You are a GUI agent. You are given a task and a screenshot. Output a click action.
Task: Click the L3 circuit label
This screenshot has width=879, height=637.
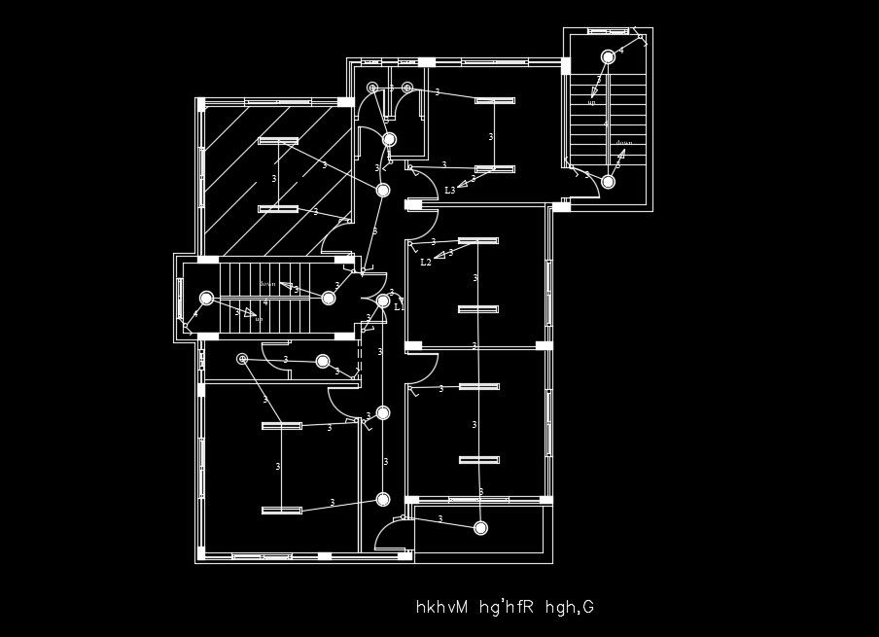449,191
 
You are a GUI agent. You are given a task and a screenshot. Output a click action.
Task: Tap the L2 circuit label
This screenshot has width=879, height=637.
426,263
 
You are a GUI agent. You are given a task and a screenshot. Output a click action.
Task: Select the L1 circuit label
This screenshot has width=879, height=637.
399,306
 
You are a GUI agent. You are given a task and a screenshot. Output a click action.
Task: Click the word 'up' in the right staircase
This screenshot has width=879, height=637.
591,102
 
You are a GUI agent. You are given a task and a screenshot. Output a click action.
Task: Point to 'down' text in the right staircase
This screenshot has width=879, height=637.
623,143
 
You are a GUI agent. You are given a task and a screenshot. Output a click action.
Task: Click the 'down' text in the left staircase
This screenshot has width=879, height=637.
267,284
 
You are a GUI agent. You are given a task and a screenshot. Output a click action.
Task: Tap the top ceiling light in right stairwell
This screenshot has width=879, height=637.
608,56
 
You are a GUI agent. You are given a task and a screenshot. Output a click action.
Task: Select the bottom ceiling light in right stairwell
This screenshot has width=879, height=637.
608,182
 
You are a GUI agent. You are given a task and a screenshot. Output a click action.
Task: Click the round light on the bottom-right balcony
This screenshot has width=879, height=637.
480,528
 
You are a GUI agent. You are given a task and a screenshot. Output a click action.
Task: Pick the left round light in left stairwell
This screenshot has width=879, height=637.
206,299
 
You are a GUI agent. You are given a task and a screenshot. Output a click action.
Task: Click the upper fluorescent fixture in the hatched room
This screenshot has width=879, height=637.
278,141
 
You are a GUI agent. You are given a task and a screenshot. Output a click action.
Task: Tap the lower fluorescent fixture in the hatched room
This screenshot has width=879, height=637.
278,209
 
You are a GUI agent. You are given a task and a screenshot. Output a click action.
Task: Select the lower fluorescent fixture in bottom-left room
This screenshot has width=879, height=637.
282,510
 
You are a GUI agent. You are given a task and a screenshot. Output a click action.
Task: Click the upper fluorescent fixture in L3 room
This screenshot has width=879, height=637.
494,100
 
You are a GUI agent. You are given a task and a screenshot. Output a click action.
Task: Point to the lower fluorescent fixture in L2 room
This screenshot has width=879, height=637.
478,309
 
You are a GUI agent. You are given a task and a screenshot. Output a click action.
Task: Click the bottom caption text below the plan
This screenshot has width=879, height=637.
504,608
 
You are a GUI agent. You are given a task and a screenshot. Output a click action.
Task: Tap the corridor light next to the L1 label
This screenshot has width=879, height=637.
383,301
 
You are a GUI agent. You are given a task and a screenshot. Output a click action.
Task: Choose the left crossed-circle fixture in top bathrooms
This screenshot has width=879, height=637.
372,88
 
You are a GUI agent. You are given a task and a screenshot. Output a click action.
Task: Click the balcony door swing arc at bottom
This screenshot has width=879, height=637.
387,530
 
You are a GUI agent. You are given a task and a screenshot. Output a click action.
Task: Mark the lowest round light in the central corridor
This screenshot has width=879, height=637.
383,500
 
